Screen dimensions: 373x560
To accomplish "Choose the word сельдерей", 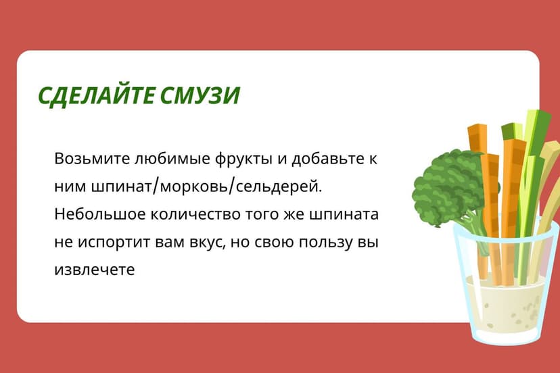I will (x=286, y=186).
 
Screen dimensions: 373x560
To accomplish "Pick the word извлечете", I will (x=95, y=269).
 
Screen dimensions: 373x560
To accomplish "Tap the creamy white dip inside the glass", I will (x=507, y=307).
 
